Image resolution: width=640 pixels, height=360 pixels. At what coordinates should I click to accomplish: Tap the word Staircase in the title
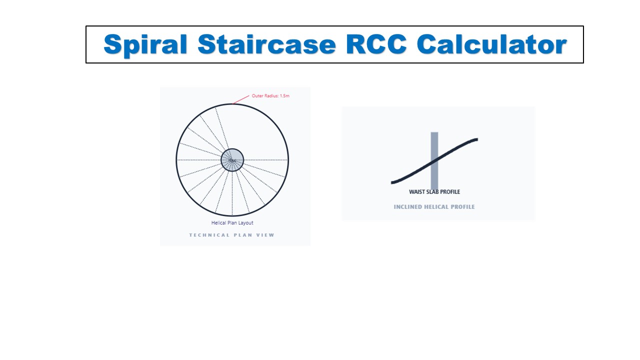[266, 44]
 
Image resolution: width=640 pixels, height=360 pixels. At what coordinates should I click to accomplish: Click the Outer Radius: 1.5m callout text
[270, 95]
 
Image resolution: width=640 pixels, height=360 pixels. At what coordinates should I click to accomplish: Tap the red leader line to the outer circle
[241, 99]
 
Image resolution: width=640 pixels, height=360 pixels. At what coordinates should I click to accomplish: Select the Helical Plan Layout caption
[232, 223]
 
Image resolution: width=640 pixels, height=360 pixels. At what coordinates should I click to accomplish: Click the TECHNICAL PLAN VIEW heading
[232, 235]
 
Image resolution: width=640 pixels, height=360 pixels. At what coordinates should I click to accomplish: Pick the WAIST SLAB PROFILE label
[434, 192]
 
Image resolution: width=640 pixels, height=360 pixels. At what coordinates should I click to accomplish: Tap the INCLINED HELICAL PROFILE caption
[434, 207]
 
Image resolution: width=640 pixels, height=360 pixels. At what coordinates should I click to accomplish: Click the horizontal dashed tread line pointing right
[265, 160]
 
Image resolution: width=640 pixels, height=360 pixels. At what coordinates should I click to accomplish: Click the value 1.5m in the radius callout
[284, 95]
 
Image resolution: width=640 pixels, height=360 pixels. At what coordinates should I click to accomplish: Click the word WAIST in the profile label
[416, 192]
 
